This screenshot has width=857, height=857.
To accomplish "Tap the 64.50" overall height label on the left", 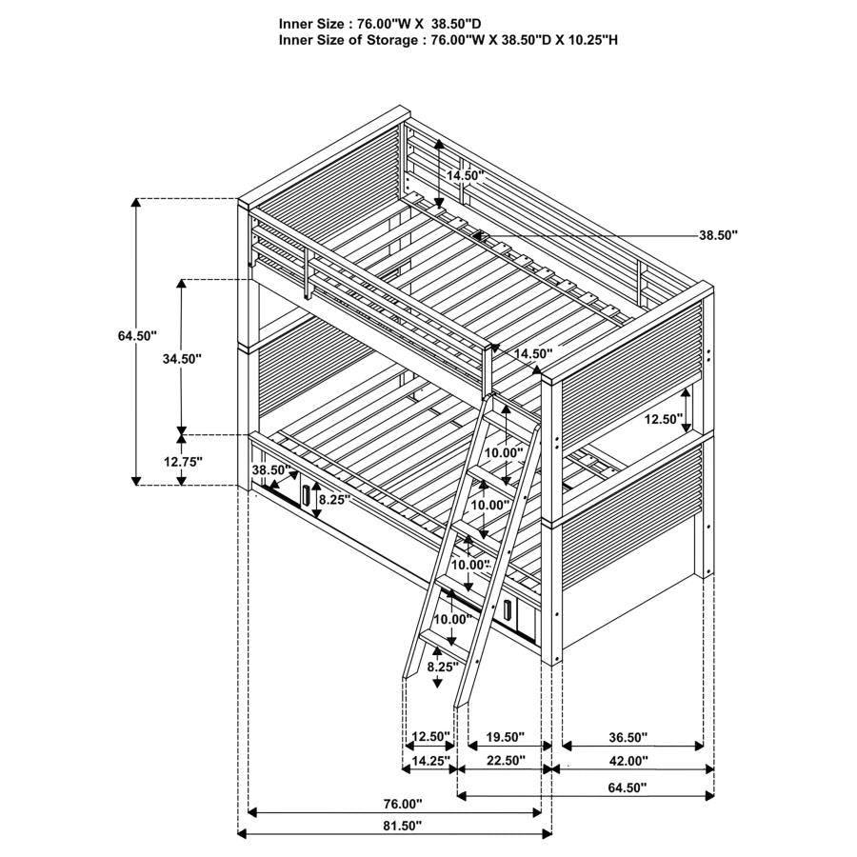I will pyautogui.click(x=137, y=335).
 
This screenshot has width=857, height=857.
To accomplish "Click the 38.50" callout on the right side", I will pyautogui.click(x=718, y=234).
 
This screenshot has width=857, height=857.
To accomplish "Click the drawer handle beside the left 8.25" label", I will pyautogui.click(x=306, y=496).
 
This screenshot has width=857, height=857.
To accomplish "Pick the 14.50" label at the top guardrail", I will pyautogui.click(x=465, y=176).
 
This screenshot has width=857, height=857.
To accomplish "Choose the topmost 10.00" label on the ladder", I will pyautogui.click(x=502, y=452).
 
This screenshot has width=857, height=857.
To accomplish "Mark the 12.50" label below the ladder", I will pyautogui.click(x=430, y=736).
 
